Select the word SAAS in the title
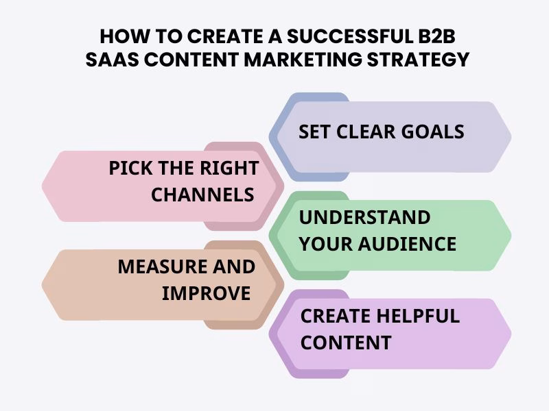pyautogui.click(x=113, y=60)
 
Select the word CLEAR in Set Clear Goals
pyautogui.click(x=364, y=131)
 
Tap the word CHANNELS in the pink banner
pyautogui.click(x=202, y=195)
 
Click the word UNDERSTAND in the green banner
pyautogui.click(x=364, y=218)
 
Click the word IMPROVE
pyautogui.click(x=206, y=293)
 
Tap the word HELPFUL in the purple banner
pyautogui.click(x=417, y=316)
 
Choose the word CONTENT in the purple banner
pyautogui.click(x=346, y=342)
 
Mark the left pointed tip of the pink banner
pyautogui.click(x=43, y=186)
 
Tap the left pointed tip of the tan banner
pyautogui.click(x=43, y=284)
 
